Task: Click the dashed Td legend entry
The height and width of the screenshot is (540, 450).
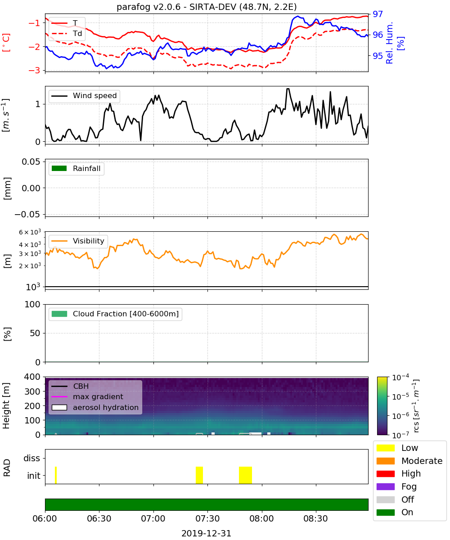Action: click(67, 34)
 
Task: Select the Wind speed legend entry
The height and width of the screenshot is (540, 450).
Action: click(84, 96)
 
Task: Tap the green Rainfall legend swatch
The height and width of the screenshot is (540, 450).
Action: click(59, 168)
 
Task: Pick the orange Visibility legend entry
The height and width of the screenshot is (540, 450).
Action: click(78, 241)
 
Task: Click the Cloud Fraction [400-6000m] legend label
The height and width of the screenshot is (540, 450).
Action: click(126, 314)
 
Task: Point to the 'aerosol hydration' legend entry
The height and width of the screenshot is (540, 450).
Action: click(95, 407)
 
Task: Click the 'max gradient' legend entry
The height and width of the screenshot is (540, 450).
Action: click(87, 397)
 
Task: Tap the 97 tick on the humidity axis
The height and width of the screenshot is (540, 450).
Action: click(378, 14)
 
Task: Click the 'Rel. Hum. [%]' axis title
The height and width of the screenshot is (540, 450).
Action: click(395, 43)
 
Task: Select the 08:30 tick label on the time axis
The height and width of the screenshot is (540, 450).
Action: click(315, 518)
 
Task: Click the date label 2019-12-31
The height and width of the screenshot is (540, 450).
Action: click(206, 533)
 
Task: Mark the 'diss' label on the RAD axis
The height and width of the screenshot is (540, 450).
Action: click(31, 458)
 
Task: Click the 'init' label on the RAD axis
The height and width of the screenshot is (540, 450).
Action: click(34, 476)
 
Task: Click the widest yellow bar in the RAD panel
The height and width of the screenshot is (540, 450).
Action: click(245, 475)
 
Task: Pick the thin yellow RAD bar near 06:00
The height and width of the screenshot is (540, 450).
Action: click(56, 475)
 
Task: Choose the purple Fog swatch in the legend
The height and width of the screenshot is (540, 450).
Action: click(385, 486)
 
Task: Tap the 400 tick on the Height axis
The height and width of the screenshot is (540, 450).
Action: click(32, 377)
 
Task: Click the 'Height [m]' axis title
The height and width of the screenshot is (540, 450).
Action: click(6, 405)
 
